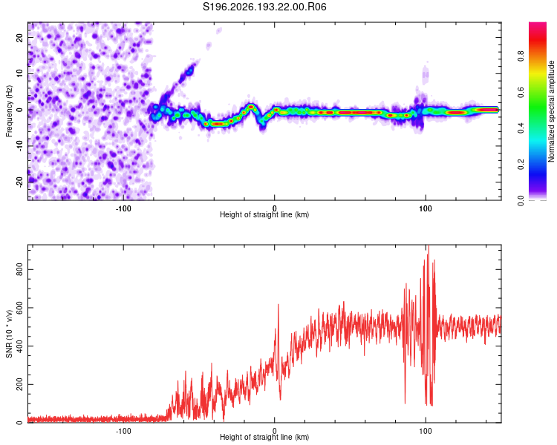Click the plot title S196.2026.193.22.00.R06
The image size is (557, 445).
[x=264, y=7]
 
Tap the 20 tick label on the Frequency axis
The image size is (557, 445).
[x=20, y=37]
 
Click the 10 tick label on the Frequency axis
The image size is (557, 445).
[x=20, y=73]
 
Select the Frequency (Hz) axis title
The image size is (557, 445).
[x=9, y=111]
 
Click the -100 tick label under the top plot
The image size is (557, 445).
[x=123, y=208]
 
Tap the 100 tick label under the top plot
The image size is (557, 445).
[x=426, y=208]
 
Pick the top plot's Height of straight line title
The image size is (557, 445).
[x=264, y=214]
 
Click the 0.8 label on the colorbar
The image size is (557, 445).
[x=521, y=56]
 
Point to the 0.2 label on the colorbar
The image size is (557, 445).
[x=521, y=165]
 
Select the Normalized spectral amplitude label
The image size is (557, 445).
[x=551, y=111]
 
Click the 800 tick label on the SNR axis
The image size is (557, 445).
[x=20, y=269]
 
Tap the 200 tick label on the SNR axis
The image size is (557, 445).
[x=20, y=384]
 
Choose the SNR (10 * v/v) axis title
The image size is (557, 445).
[x=9, y=334]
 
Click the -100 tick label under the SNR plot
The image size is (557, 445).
[x=123, y=431]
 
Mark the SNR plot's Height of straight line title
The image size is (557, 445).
[x=264, y=437]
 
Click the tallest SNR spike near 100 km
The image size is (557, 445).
[x=429, y=246]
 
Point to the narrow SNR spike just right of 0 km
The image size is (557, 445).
[x=278, y=305]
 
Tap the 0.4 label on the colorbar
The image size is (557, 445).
[x=521, y=128]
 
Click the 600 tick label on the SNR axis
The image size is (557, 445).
[x=20, y=308]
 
